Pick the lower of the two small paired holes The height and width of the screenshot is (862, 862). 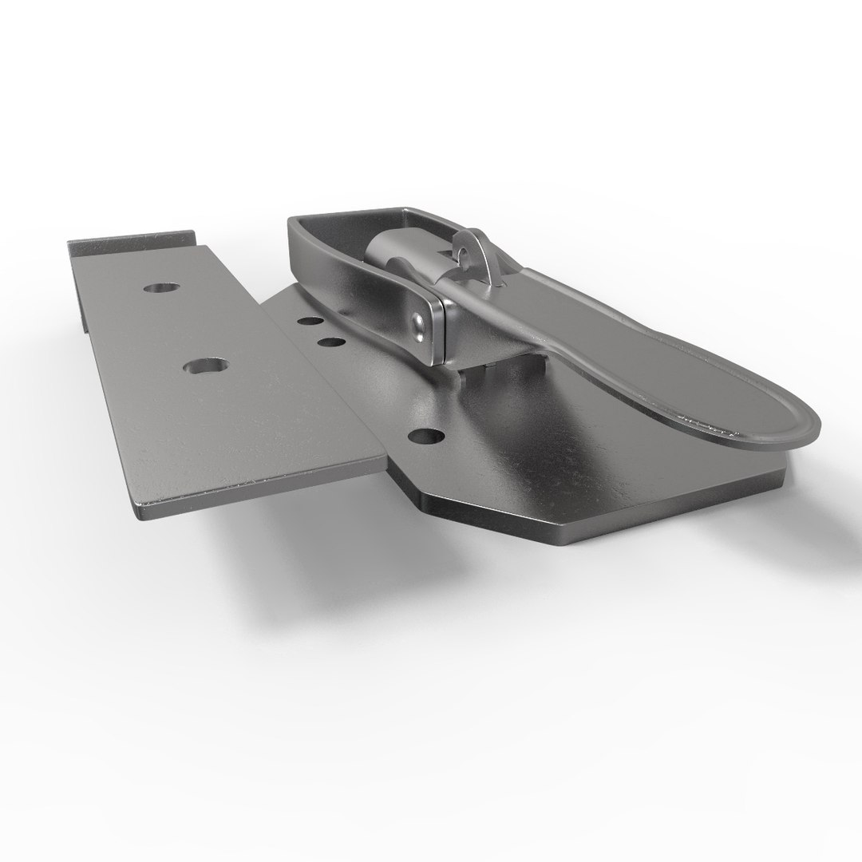tap(330, 343)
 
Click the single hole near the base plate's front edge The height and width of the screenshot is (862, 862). tap(429, 436)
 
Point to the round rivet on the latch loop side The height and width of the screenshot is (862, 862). tap(417, 324)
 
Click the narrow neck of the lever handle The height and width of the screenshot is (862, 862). tap(551, 335)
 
